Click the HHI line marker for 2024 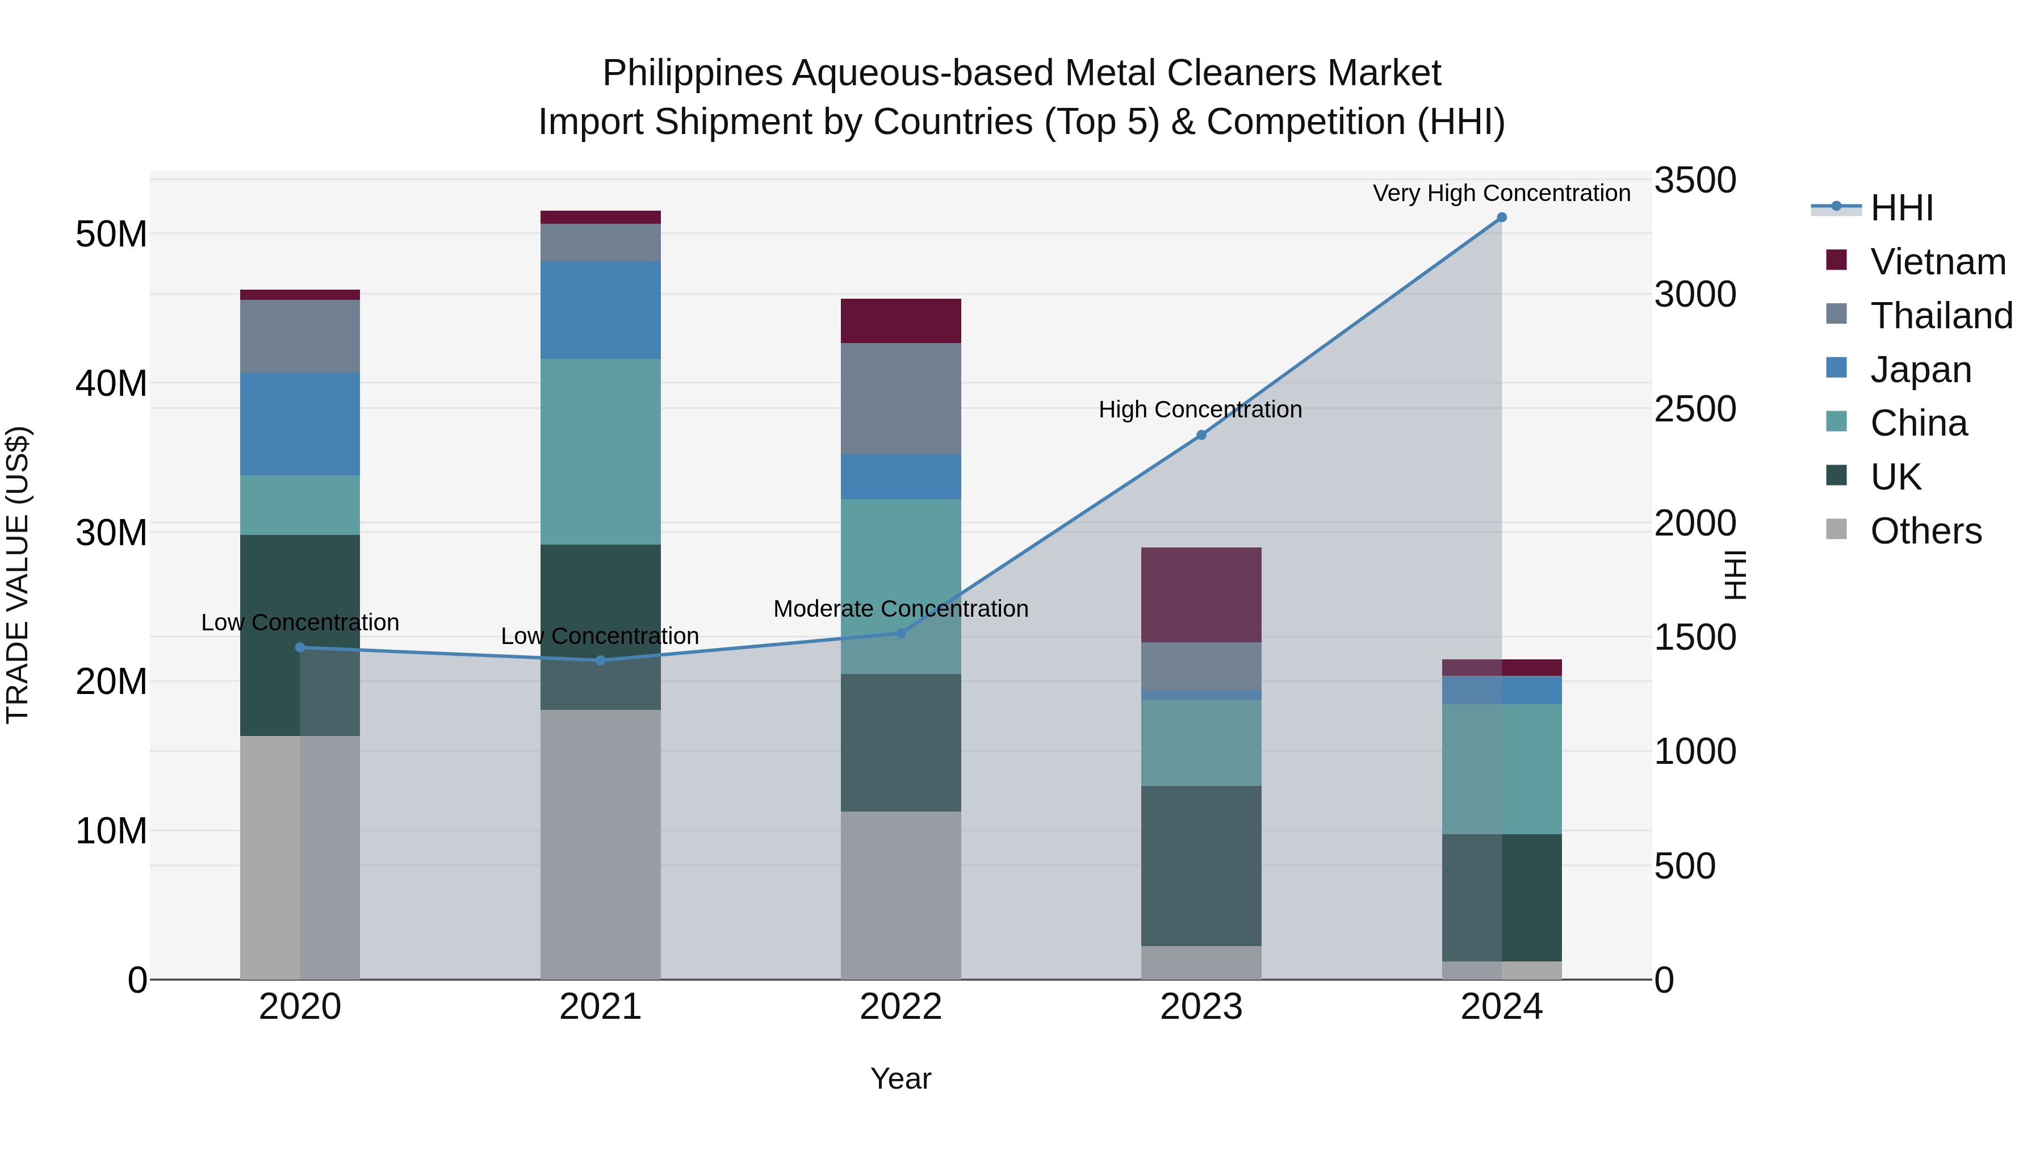pyautogui.click(x=1501, y=218)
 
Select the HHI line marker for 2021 pyautogui.click(x=601, y=660)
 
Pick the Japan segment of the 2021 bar pyautogui.click(x=601, y=310)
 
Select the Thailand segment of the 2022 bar pyautogui.click(x=900, y=399)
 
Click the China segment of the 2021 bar pyautogui.click(x=601, y=451)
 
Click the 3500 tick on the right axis pyautogui.click(x=1695, y=180)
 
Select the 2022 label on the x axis pyautogui.click(x=900, y=1007)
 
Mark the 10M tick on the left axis pyautogui.click(x=111, y=831)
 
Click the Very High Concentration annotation pyautogui.click(x=1501, y=193)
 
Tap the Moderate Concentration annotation pyautogui.click(x=900, y=609)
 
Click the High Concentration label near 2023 pyautogui.click(x=1200, y=409)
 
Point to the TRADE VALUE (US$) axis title pyautogui.click(x=18, y=575)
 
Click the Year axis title pyautogui.click(x=900, y=1078)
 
